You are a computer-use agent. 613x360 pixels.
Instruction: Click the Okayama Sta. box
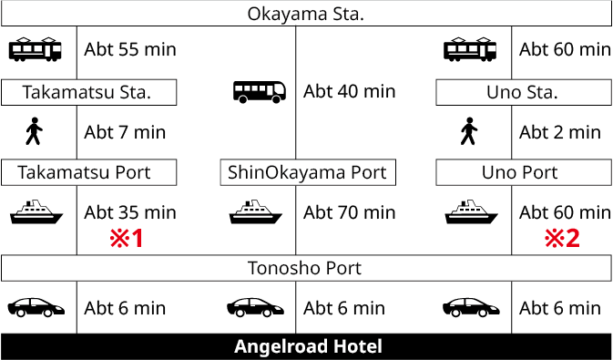click(306, 14)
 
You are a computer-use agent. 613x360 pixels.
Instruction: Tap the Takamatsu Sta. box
click(87, 92)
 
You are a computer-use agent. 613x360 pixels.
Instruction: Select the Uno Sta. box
click(523, 92)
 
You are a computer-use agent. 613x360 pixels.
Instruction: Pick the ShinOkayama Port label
click(307, 172)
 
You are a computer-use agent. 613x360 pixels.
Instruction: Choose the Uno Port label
click(523, 172)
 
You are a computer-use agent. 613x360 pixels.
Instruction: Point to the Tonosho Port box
click(306, 268)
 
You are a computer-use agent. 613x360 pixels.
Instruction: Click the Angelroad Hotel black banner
click(306, 346)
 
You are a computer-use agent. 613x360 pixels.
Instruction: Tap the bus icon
click(260, 91)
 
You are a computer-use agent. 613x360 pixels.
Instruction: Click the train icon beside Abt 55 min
click(36, 49)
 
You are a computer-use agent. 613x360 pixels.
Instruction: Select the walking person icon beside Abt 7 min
click(35, 132)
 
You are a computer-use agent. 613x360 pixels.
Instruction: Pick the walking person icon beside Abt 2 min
click(470, 132)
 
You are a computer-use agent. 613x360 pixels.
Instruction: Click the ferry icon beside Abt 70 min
click(252, 212)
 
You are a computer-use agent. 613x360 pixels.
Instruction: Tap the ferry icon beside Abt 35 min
click(36, 212)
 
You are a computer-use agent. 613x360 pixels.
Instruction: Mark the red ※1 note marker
click(128, 240)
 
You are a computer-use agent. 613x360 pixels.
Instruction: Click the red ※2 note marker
click(563, 240)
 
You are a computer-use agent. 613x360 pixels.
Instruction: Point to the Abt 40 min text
click(349, 91)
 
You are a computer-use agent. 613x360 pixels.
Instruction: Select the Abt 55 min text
click(129, 49)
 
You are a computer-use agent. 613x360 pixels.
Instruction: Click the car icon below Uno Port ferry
click(471, 307)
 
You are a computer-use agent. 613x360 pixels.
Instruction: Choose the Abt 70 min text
click(349, 212)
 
